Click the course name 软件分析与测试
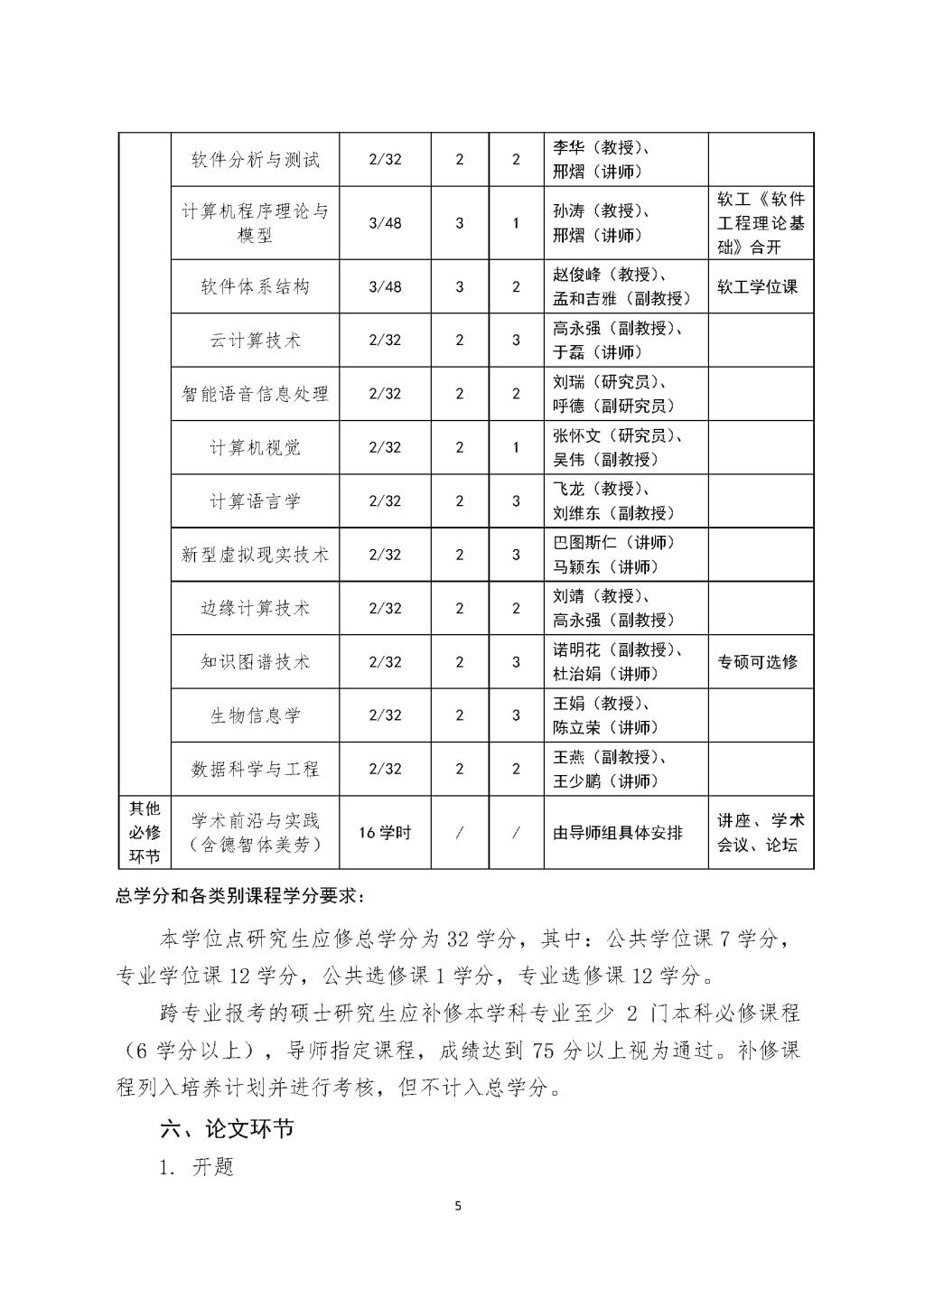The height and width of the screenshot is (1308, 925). click(x=255, y=160)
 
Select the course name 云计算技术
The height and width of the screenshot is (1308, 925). click(x=255, y=341)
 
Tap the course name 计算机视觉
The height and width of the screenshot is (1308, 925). click(x=255, y=447)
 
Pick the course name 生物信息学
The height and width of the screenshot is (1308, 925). click(x=255, y=715)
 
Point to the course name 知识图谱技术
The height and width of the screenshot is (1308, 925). click(x=255, y=662)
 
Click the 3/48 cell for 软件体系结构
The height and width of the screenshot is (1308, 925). click(x=385, y=286)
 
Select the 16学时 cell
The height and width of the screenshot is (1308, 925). click(x=385, y=833)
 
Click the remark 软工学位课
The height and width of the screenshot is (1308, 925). click(x=758, y=286)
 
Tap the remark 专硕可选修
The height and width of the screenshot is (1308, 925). click(x=758, y=662)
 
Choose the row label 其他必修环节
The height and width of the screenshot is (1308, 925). click(x=145, y=833)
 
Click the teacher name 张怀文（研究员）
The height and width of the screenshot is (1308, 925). click(x=617, y=435)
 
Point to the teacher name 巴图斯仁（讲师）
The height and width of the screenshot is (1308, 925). click(x=613, y=542)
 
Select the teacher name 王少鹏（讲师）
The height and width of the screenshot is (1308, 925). click(x=605, y=781)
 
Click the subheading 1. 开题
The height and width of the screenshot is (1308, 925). click(x=197, y=1167)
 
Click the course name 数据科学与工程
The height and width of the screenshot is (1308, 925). click(x=255, y=769)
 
